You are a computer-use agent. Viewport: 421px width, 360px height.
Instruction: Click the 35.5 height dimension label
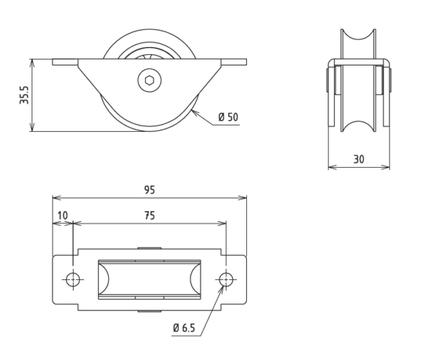coord(24,95)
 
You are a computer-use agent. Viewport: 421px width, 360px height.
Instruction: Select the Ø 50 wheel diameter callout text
coord(228,117)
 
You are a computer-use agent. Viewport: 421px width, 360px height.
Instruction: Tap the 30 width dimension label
coord(359,159)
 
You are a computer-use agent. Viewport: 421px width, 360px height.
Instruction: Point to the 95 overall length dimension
coord(149,189)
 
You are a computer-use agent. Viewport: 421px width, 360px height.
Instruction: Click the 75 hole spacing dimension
coord(149,215)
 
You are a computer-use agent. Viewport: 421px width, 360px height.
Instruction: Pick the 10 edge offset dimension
coord(62,215)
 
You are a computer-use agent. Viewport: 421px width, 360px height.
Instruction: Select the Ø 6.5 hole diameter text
coord(184,328)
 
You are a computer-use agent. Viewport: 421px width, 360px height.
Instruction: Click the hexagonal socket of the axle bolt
coord(149,80)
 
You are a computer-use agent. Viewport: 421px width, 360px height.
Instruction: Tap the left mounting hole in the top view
coord(73,279)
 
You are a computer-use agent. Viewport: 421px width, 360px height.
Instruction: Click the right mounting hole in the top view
coord(226,279)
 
